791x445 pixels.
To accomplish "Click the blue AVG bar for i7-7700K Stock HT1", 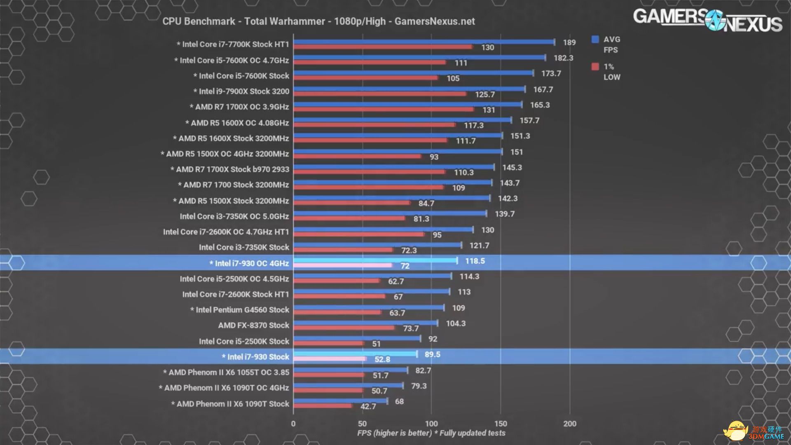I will pos(424,42).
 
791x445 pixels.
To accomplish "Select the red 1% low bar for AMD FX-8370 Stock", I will pos(344,328).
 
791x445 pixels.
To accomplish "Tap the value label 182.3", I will pos(563,58).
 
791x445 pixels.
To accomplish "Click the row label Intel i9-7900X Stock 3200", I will pos(241,91).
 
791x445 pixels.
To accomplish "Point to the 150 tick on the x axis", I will pos(501,424).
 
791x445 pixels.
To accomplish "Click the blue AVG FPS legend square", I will pos(595,40).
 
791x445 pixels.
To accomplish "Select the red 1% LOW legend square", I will pos(595,67).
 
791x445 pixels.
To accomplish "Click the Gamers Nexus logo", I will pos(707,20).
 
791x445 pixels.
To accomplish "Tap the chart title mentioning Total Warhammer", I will pos(318,21).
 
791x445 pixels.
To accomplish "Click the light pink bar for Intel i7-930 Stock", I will pos(330,359).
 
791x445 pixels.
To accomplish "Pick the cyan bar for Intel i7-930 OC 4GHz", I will pos(375,260).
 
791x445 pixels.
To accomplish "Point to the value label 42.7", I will pos(368,406).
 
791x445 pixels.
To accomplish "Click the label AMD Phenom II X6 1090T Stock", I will pos(230,404).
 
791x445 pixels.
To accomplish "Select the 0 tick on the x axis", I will pos(293,424).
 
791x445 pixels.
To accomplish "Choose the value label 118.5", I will pos(475,261).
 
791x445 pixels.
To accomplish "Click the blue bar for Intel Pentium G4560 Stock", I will pos(369,307).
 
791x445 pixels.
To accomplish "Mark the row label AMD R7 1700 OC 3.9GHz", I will pos(239,107).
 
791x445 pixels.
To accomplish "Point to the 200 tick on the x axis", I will pos(570,424).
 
